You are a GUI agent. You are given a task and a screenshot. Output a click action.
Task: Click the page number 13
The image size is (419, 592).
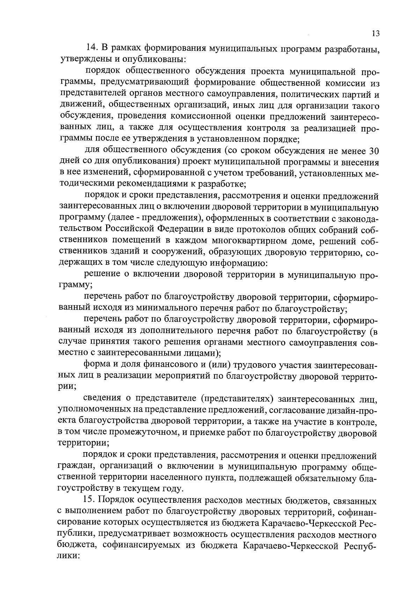point(375,33)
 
